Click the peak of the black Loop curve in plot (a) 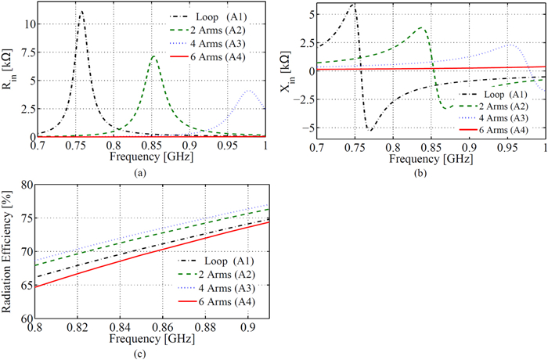[x=82, y=12]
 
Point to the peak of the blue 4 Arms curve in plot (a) [x=250, y=91]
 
